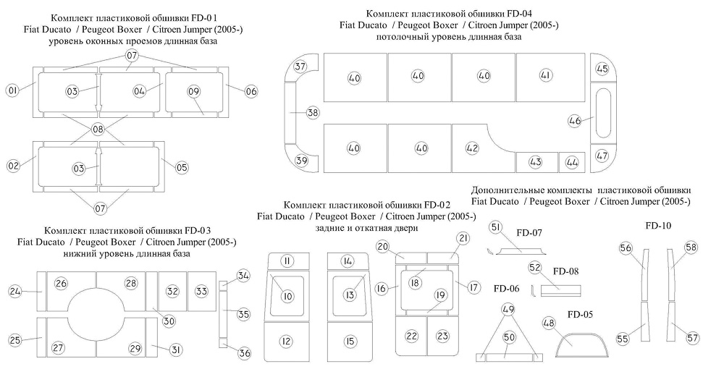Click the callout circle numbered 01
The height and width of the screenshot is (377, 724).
(x=12, y=90)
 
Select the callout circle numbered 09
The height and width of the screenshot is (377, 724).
(x=193, y=91)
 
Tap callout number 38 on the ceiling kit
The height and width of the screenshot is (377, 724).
(x=313, y=113)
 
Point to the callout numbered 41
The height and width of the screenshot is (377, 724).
(x=546, y=75)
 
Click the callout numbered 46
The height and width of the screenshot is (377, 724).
(x=575, y=121)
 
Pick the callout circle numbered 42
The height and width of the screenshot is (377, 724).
(x=472, y=148)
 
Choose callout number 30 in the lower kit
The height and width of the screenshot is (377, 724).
(x=169, y=321)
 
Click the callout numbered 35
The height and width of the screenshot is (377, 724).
(x=243, y=314)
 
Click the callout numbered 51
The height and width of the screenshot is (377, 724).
(x=496, y=227)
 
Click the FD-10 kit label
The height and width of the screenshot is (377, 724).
(x=658, y=226)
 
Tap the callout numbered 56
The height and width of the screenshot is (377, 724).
(x=626, y=248)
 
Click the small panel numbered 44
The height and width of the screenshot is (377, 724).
(x=572, y=163)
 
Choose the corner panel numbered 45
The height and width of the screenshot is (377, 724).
(x=602, y=69)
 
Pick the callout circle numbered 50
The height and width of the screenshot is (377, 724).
(x=509, y=338)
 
